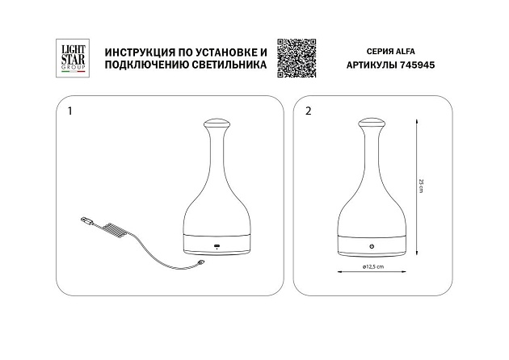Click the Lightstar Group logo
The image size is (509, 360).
[x=73, y=58]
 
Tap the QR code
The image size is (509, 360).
[x=297, y=58]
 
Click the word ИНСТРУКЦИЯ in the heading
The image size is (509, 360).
[x=140, y=52]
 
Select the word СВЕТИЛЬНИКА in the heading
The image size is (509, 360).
[x=229, y=65]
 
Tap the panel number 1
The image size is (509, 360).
[x=69, y=111]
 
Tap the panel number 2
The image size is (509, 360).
[x=309, y=111]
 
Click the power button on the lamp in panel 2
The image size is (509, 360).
[x=372, y=246]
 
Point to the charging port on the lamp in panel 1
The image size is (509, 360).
[x=217, y=245]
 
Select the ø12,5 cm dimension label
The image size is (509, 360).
[x=373, y=266]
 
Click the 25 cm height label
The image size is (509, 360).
[x=421, y=186]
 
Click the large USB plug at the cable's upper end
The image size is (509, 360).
[x=86, y=220]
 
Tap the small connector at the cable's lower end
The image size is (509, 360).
[x=201, y=262]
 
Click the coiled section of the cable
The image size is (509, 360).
[x=114, y=230]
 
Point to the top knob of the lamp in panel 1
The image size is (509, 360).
[x=217, y=123]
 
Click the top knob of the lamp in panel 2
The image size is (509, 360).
[x=372, y=123]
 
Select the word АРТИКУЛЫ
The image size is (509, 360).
[x=372, y=65]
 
